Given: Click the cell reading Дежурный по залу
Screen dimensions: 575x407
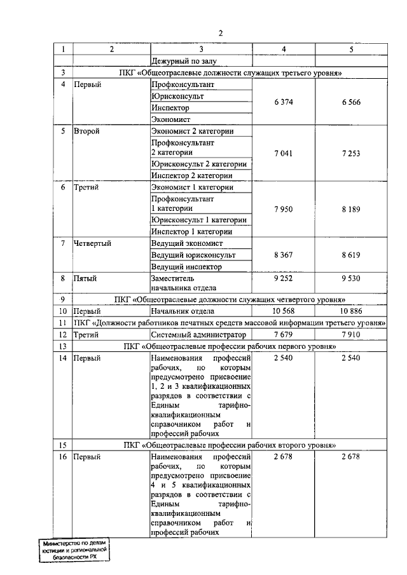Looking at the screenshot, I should tap(184, 62).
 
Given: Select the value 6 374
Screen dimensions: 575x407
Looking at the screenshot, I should tap(283, 102).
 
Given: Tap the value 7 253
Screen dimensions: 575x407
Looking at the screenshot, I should tap(350, 153).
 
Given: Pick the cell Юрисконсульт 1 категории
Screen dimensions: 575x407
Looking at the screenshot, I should tap(198, 220).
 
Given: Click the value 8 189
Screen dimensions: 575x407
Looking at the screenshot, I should tap(350, 208).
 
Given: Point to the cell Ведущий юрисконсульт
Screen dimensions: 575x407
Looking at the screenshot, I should tap(193, 255).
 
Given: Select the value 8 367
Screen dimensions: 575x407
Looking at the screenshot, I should tap(283, 255).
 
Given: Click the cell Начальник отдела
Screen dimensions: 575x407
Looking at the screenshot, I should tap(183, 311).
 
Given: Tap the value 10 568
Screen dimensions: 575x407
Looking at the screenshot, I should tap(283, 311).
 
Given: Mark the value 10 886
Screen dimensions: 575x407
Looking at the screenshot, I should tap(350, 311).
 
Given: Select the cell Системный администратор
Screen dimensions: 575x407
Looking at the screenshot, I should tap(198, 334).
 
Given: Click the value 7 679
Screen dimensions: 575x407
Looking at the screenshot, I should tap(283, 334).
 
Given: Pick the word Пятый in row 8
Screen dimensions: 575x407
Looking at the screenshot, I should tap(87, 278).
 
